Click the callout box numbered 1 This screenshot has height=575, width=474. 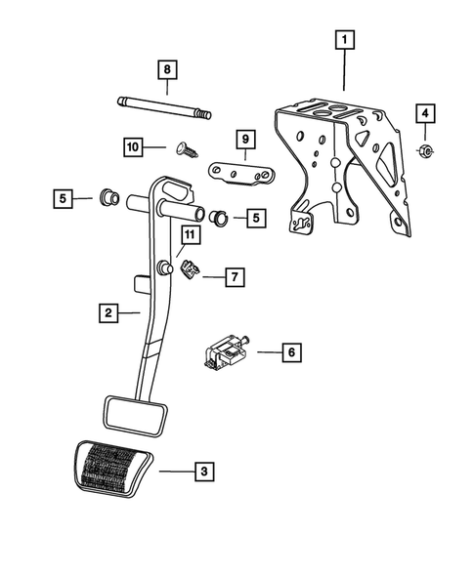pos(344,40)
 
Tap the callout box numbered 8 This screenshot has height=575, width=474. pos(167,69)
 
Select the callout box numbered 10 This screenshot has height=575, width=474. pos(133,147)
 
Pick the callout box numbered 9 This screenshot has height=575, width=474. pos(245,140)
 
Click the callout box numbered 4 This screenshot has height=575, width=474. pos(425,113)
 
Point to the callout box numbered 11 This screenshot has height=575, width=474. pos(190,234)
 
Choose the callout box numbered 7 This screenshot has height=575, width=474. pos(235,277)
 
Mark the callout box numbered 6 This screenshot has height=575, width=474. pos(291,352)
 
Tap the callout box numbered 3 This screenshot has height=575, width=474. pos(204,472)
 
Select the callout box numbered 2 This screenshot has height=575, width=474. pos(108,313)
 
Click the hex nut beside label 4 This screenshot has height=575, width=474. pos(425,151)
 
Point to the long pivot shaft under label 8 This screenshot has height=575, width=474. pos(164,107)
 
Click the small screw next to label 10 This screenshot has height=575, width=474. pos(188,149)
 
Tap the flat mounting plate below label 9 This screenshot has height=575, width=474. pos(241,173)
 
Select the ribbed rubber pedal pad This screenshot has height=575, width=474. pos(113,469)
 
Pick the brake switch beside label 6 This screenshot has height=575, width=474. pos(226,351)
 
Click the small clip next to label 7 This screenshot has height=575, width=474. pos(190,270)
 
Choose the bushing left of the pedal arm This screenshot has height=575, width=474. pos(109,197)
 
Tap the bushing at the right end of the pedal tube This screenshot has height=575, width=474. pos(219,217)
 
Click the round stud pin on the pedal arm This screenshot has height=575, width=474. pos(164,267)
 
